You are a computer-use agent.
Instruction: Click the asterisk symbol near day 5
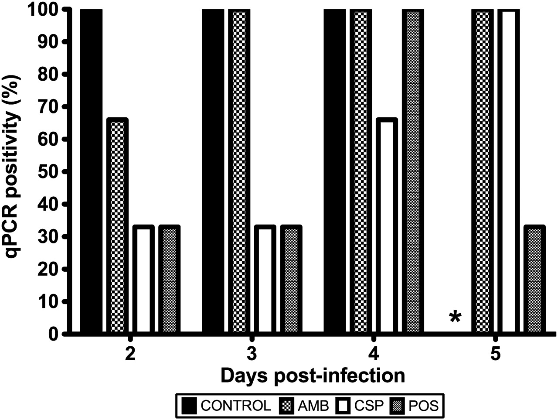455,318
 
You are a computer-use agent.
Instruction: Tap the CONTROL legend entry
227,406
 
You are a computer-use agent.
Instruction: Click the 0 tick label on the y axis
53,334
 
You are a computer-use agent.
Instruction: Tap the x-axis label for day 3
251,354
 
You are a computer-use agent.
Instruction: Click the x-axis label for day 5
495,354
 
